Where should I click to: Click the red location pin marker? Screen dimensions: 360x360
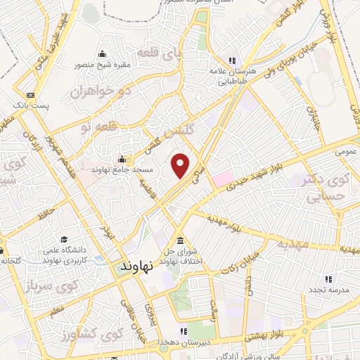pos(181,165)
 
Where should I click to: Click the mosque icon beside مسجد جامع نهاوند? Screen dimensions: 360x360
pos(122,158)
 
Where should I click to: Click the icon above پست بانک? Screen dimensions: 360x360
pos(30,95)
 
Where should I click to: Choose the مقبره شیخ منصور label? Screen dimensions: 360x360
pos(103,65)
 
